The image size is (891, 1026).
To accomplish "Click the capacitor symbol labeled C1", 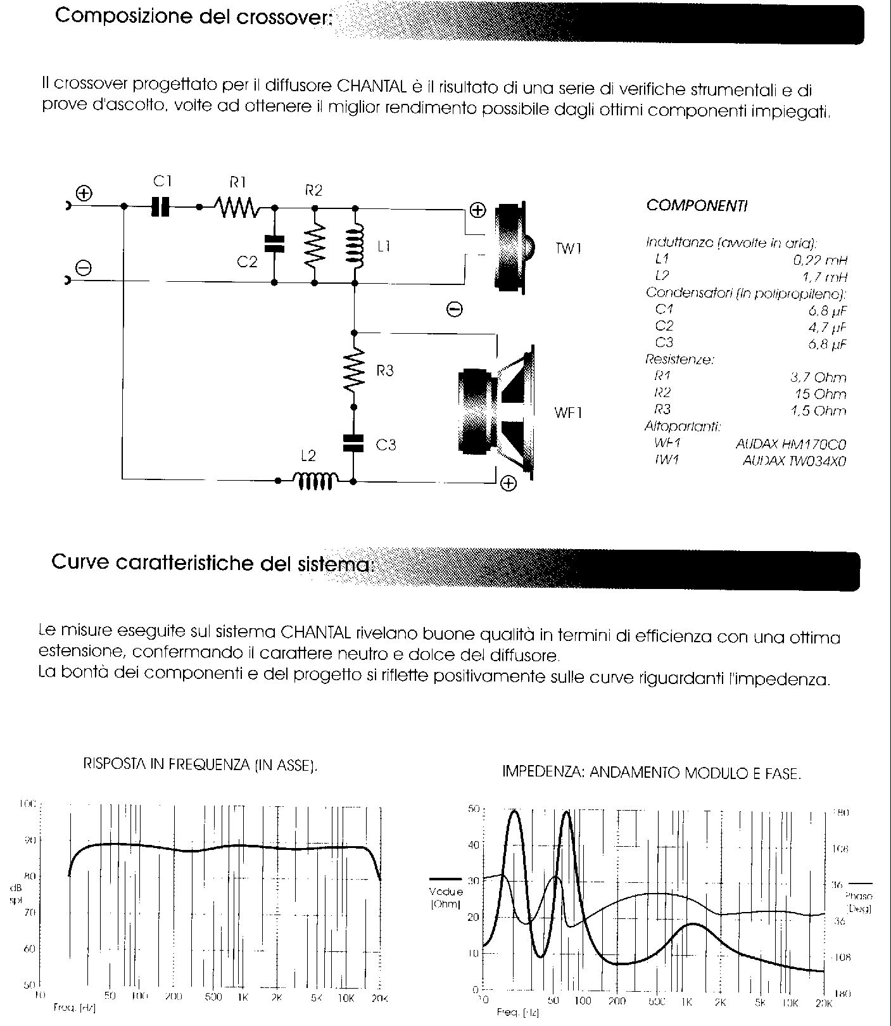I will pos(161,206).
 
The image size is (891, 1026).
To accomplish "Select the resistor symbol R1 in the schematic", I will pos(236,206).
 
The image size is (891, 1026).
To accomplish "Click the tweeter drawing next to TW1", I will pos(513,248).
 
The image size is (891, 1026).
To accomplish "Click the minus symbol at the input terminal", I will pos(84,268).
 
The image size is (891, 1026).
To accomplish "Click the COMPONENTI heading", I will pos(697,206).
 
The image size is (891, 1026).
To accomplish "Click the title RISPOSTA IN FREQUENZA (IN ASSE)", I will pos(200,764).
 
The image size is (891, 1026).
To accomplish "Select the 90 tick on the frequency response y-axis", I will pos(30,840).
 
